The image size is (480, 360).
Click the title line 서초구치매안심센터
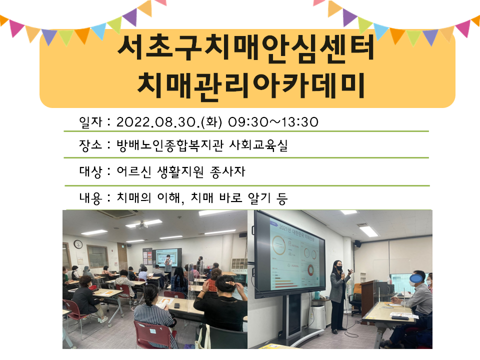click(x=246, y=48)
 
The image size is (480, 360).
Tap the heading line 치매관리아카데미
click(x=250, y=85)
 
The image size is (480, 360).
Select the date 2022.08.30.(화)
click(x=169, y=122)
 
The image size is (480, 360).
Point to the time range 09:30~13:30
click(x=273, y=122)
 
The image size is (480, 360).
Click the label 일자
click(x=90, y=122)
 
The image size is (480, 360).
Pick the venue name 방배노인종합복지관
click(x=170, y=145)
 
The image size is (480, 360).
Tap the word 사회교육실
click(x=258, y=145)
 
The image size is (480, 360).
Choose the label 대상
click(x=90, y=171)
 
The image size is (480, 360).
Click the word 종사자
click(x=227, y=171)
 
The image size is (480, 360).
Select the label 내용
click(x=90, y=198)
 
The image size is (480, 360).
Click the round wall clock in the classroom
click(x=78, y=244)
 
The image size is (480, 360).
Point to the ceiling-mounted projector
click(x=141, y=225)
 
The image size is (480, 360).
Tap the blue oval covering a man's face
click(x=416, y=278)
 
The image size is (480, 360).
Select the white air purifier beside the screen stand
click(x=318, y=315)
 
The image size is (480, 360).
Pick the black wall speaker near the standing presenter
click(x=357, y=243)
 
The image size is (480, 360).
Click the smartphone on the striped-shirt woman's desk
click(x=177, y=305)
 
